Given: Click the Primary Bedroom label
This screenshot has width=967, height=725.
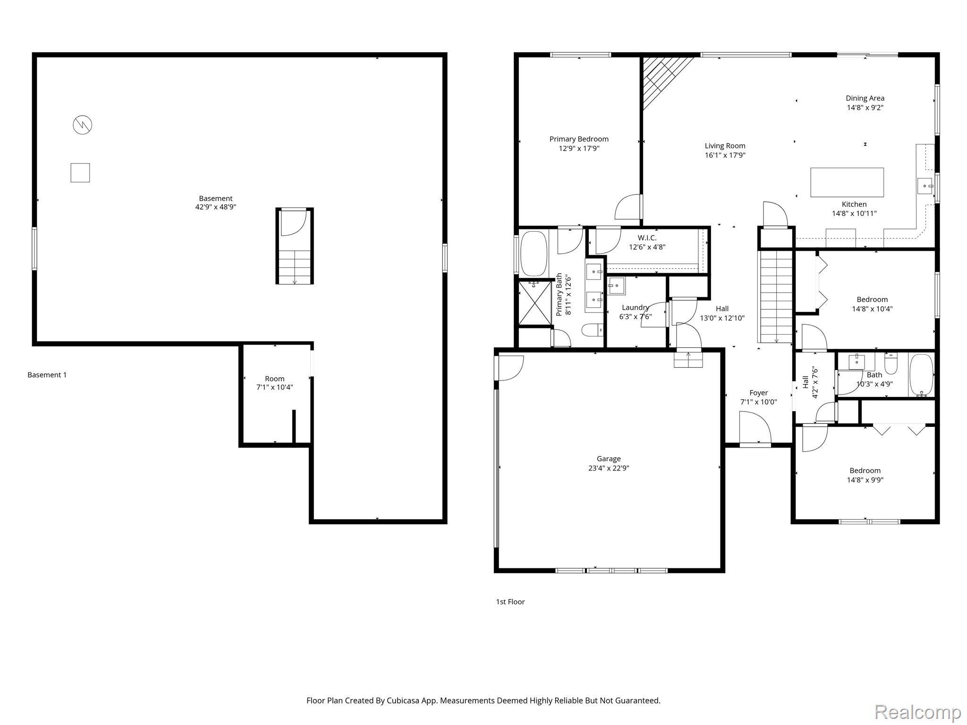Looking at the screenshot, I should click(578, 139).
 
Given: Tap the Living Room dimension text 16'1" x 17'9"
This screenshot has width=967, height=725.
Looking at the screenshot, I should click(725, 155).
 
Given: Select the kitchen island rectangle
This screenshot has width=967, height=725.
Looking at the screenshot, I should click(847, 182).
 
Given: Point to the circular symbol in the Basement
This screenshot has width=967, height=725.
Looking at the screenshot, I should click(82, 125).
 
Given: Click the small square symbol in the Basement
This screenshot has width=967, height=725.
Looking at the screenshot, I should click(80, 173).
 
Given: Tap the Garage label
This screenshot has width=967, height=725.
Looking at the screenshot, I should click(608, 459).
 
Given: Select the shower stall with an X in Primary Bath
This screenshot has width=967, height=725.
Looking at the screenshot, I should click(534, 303).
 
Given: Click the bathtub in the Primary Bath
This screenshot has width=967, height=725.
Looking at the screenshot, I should click(534, 253).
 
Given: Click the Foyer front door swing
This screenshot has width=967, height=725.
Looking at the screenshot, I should click(755, 428).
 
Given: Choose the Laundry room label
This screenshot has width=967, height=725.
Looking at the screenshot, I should click(635, 308).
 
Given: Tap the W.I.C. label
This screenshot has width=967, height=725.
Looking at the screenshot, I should click(647, 238).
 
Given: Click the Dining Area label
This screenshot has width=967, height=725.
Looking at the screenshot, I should click(865, 98).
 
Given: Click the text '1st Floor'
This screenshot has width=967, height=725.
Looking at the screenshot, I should click(510, 602).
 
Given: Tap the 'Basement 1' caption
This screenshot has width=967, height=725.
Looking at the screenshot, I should click(47, 375).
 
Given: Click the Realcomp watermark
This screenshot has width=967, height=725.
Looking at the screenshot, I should click(917, 711).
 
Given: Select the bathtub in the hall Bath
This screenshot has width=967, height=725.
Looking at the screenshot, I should click(921, 375).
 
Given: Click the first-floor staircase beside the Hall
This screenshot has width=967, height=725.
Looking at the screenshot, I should click(775, 297).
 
